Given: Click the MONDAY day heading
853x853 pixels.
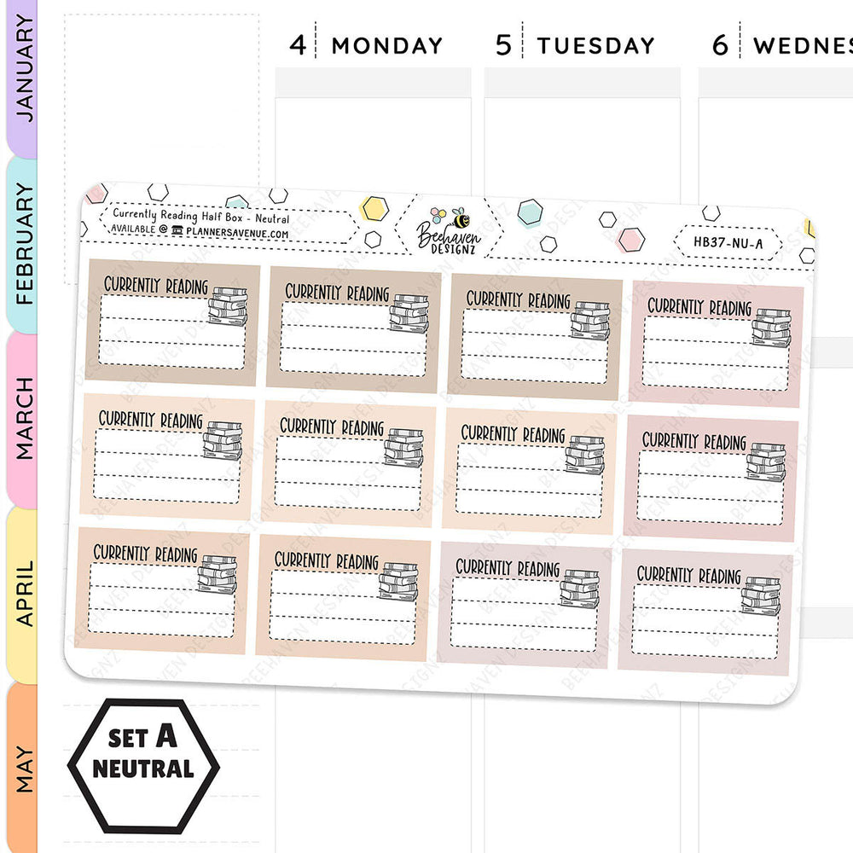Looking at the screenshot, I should (386, 45).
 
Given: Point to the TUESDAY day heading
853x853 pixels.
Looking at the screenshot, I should (595, 45).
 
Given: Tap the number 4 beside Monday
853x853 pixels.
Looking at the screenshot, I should (297, 44).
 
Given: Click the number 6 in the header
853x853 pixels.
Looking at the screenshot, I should (721, 45).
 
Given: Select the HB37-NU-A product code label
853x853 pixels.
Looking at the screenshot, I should (727, 241).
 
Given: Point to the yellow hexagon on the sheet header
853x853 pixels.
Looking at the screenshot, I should (375, 207).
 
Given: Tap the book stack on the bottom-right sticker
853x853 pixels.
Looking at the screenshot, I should (760, 595).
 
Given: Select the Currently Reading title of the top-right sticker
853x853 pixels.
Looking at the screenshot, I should (699, 306).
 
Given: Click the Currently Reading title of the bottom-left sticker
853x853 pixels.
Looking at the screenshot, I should (145, 554).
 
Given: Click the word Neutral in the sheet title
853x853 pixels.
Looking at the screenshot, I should (271, 219).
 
